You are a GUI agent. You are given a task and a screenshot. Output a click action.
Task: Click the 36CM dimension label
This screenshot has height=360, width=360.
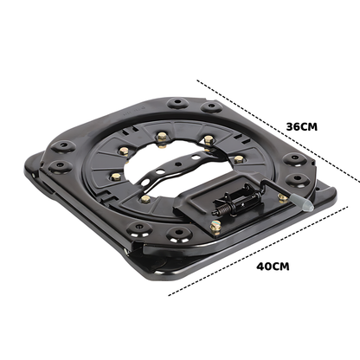click(300, 125)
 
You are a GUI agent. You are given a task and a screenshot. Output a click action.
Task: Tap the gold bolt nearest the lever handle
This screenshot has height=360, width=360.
click(283, 197)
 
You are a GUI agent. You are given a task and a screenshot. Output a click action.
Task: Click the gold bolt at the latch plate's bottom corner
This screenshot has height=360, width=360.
click(215, 227)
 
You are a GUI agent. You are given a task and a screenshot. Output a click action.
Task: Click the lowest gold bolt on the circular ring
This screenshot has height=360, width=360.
click(145, 198)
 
